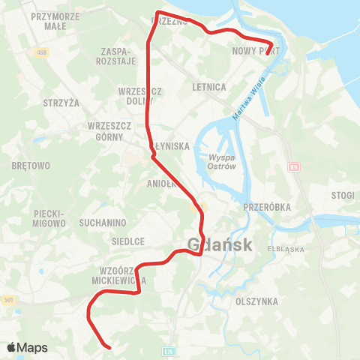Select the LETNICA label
click(209, 87)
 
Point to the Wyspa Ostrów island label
click(222, 162)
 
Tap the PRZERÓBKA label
click(268, 206)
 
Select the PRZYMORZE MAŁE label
click(55, 19)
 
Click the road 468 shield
click(40, 51)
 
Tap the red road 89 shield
click(295, 167)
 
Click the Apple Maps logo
click(26, 347)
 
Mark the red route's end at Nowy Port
click(268, 53)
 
